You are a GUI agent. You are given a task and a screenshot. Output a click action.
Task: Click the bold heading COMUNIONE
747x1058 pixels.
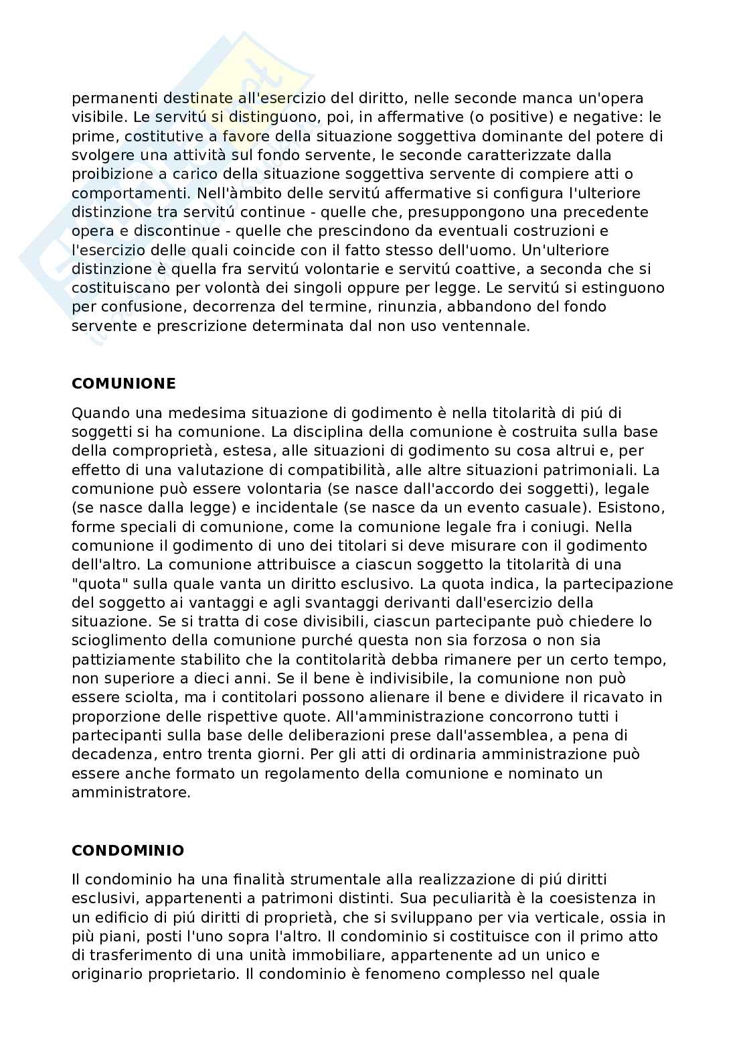tap(123, 384)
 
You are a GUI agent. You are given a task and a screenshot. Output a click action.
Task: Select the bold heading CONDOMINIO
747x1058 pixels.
tap(127, 851)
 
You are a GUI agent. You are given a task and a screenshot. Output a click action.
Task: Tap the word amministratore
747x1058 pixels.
tap(131, 792)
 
